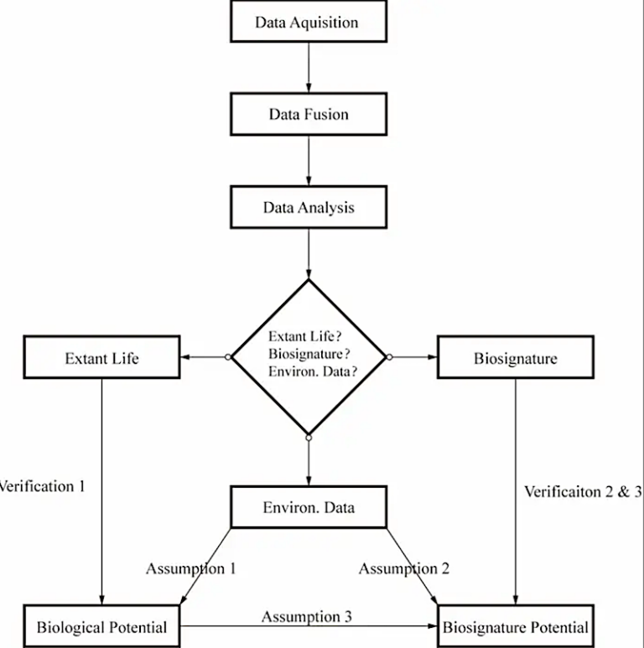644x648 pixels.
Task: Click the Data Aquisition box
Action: [308, 22]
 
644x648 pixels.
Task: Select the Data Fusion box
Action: [308, 113]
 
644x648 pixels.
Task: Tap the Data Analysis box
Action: [308, 206]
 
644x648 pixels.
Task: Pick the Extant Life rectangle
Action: [101, 358]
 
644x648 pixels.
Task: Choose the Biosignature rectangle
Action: [515, 358]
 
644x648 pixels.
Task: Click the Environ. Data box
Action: [308, 507]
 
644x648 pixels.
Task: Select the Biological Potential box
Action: [101, 626]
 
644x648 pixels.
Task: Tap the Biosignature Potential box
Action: [515, 626]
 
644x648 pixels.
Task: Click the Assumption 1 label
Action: [190, 568]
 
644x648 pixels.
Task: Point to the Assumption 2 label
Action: [404, 568]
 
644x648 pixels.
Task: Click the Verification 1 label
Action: [42, 485]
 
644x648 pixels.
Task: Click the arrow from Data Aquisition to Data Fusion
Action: [309, 67]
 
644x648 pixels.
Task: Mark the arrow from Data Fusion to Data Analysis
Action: [309, 159]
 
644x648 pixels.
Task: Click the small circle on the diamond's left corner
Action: [228, 358]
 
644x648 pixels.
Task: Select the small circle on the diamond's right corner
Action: [389, 358]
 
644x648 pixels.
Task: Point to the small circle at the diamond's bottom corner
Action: [309, 438]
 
